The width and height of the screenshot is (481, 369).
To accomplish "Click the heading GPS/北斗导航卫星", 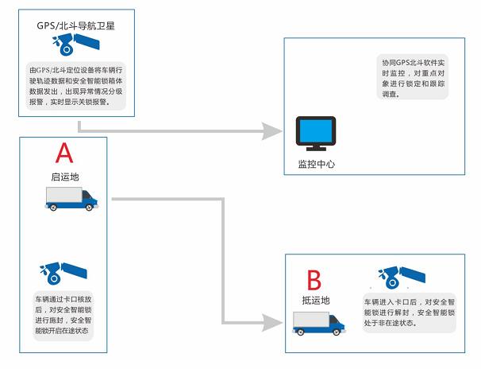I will click(75, 25).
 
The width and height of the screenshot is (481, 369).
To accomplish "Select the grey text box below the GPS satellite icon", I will click(75, 87).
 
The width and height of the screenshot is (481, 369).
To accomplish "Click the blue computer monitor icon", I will click(315, 134).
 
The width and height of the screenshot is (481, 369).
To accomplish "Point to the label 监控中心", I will click(315, 164).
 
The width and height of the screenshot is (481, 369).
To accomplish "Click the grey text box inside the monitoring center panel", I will click(413, 77).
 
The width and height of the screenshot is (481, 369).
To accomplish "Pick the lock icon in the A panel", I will click(61, 273).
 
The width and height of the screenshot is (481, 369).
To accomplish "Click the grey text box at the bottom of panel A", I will click(63, 317).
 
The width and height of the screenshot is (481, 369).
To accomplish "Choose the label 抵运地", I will click(315, 300).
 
